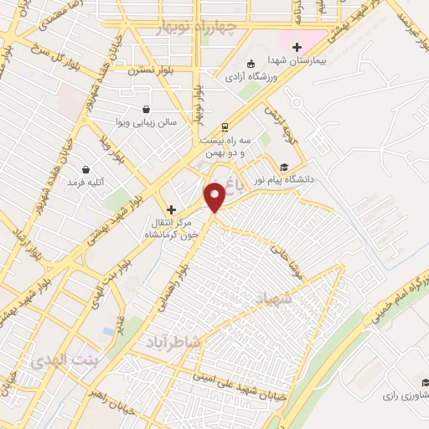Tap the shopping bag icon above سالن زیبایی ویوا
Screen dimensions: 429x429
pyautogui.click(x=147, y=109)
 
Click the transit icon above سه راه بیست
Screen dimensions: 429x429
pyautogui.click(x=224, y=127)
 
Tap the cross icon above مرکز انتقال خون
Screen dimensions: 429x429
pyautogui.click(x=172, y=209)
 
